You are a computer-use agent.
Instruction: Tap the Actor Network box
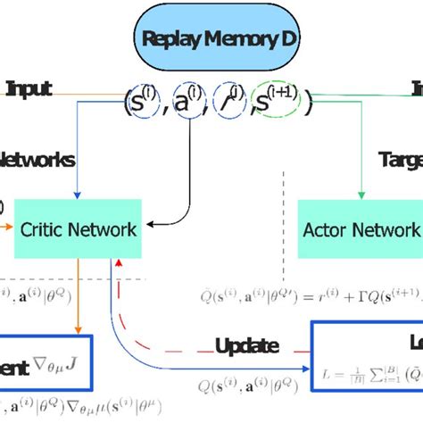coord(360,230)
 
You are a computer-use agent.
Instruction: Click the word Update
coord(247,346)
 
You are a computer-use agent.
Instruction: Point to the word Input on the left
coord(29,88)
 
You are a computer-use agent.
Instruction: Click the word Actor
coord(329,230)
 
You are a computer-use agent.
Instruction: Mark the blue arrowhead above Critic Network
coord(78,196)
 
